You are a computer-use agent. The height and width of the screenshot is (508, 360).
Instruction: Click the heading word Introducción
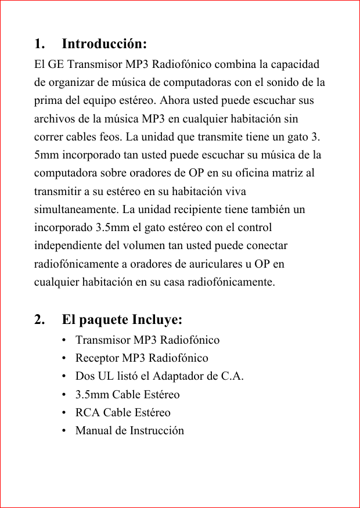click(x=104, y=44)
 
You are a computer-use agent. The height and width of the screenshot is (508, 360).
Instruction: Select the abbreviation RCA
click(x=87, y=413)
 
